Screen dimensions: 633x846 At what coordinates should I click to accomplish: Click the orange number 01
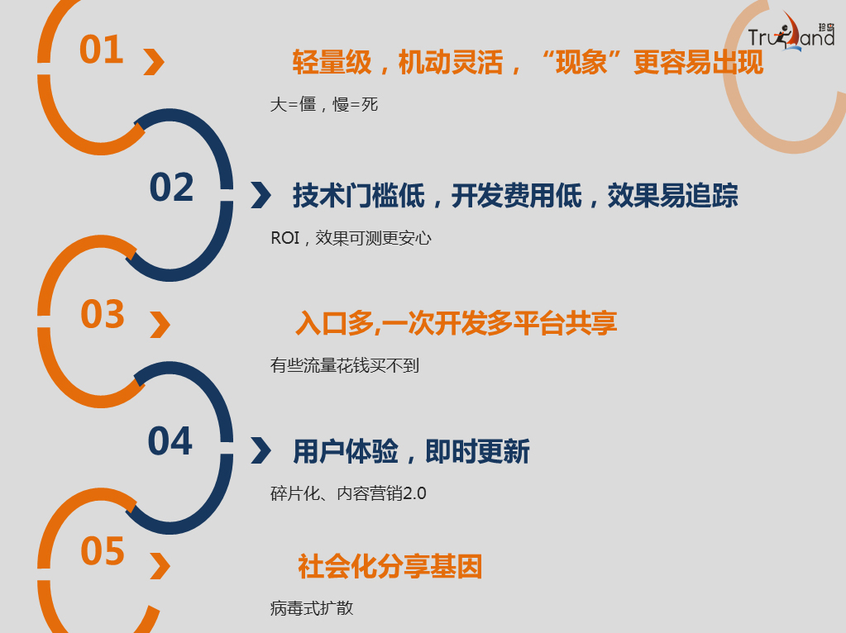[x=101, y=50]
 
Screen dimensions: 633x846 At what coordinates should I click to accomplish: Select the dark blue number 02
[x=171, y=188]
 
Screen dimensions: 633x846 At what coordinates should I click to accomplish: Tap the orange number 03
[x=103, y=315]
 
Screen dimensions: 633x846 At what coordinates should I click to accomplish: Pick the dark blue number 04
[x=170, y=441]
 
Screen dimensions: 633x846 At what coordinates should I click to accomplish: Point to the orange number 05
[x=103, y=551]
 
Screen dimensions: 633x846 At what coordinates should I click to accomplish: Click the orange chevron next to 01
[x=154, y=62]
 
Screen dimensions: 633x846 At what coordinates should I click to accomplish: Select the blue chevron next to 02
[x=260, y=195]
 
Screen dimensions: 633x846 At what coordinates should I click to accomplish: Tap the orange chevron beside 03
[x=160, y=325]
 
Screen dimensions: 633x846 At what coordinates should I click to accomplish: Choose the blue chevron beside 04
[x=260, y=450]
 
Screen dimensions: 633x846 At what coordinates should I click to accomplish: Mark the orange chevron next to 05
[x=160, y=567]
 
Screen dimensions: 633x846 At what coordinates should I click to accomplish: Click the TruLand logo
[x=791, y=33]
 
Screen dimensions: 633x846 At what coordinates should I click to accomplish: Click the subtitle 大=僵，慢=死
[x=324, y=105]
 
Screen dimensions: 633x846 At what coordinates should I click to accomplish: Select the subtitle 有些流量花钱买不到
[x=345, y=364]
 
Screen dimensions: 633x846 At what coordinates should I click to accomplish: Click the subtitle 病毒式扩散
[x=312, y=608]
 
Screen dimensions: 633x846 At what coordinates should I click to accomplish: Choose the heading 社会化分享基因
[x=390, y=567]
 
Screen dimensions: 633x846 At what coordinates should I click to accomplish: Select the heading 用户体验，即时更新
[x=411, y=451]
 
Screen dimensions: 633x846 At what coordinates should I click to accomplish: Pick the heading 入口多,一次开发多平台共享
[x=456, y=323]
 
